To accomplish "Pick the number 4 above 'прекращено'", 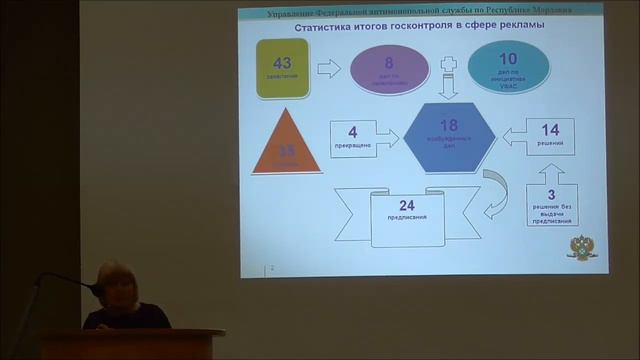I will pyautogui.click(x=352, y=131).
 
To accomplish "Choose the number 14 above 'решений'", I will pyautogui.click(x=550, y=130).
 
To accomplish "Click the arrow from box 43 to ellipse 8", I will pyautogui.click(x=329, y=68).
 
